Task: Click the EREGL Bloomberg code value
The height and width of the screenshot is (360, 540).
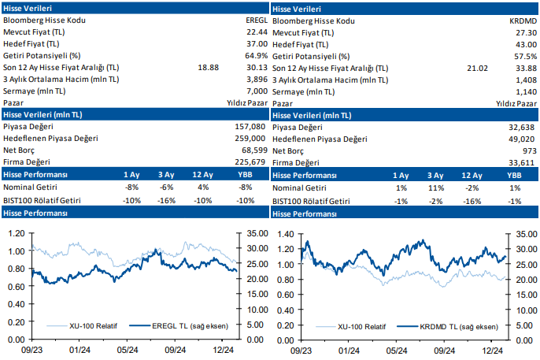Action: pyautogui.click(x=257, y=20)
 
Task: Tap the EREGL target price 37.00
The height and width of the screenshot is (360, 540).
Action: pyautogui.click(x=257, y=44)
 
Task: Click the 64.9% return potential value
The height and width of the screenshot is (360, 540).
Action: pyautogui.click(x=256, y=56)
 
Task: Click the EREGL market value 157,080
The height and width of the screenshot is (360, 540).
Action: pyautogui.click(x=251, y=127)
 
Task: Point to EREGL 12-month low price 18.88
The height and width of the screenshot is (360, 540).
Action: pyautogui.click(x=208, y=68)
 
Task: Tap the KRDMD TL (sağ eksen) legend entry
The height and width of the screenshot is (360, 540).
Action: pyautogui.click(x=457, y=325)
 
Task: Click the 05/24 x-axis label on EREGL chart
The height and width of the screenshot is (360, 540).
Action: pyautogui.click(x=127, y=350)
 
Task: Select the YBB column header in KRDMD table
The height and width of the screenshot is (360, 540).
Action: pyautogui.click(x=513, y=175)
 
